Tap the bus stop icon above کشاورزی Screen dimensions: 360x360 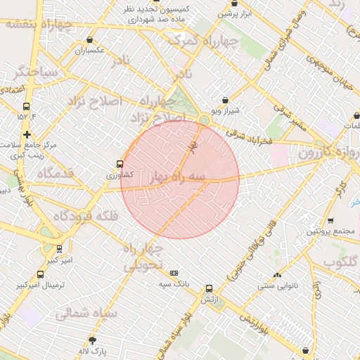[120, 164]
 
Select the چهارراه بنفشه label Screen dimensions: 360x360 [38, 23]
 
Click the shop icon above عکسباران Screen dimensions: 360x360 [89, 41]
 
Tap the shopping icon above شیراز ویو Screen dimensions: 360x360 [224, 101]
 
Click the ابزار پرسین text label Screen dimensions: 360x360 [234, 13]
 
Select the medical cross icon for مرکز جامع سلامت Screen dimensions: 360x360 [26, 134]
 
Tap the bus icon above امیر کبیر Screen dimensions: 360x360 [59, 250]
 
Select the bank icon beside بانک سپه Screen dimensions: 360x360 [174, 273]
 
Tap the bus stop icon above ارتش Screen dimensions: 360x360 [208, 289]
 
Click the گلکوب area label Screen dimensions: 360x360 [340, 262]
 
